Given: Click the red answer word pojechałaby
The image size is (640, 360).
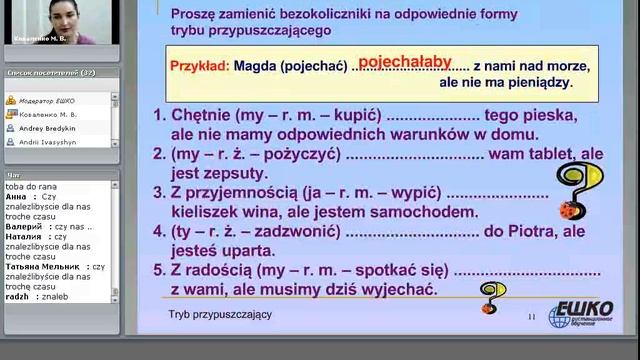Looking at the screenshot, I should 405,60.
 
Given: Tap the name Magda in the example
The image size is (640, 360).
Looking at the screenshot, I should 257,67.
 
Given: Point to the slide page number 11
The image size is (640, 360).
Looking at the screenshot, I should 532,318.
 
